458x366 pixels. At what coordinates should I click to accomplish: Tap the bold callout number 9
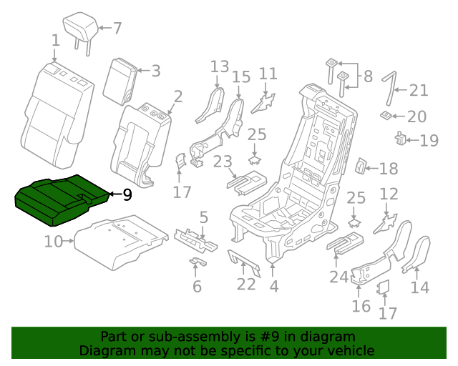pos(127,194)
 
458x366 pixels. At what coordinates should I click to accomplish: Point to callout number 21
pos(419,90)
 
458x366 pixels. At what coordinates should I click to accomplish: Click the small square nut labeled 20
pos(386,116)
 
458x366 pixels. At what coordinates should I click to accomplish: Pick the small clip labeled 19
pos(400,139)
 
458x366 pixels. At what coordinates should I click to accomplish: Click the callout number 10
pos(54,242)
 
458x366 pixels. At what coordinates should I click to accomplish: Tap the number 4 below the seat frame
pos(273,286)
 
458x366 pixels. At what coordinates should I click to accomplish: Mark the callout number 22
pos(246,284)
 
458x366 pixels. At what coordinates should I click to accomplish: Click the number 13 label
pos(220,66)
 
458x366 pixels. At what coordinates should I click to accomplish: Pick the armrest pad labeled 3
pos(120,81)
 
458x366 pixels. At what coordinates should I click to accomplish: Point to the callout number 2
pos(178,97)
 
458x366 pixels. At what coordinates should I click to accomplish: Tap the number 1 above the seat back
pos(56,41)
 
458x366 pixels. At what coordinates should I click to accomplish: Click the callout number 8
pos(368,76)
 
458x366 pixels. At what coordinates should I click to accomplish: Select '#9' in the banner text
pos(269,337)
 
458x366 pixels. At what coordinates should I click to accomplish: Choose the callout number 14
pos(420,287)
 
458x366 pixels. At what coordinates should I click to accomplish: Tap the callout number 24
pos(338,277)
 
